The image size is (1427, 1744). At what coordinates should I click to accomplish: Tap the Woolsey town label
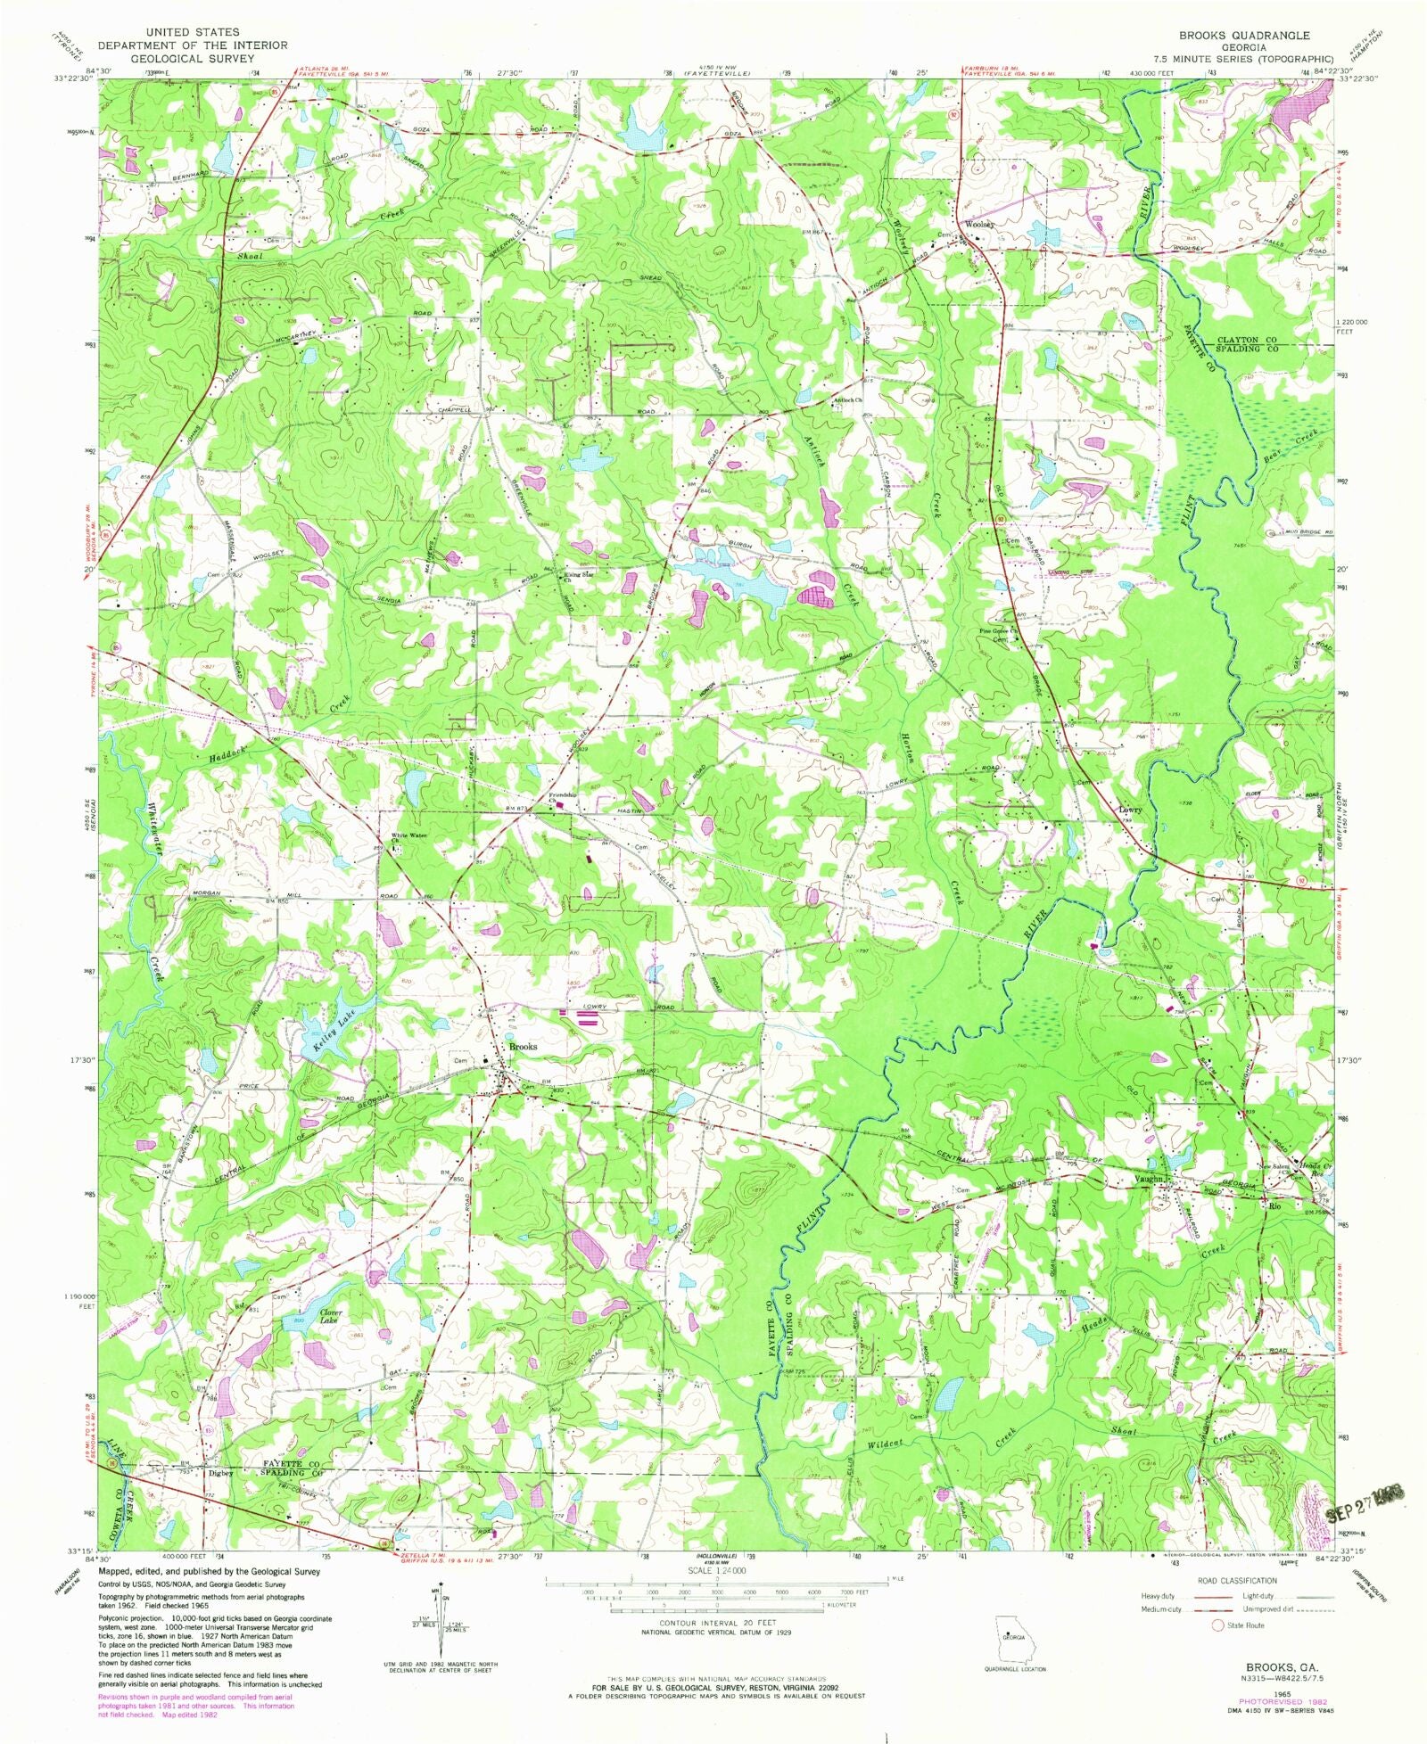pos(979,225)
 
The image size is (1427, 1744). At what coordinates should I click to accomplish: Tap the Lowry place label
pos(1130,810)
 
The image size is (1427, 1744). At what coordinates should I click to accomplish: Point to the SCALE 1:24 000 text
pos(715,1570)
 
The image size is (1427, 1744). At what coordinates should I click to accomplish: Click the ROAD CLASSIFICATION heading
pos(1236,1580)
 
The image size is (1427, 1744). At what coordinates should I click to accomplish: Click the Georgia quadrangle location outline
pos(1010,1638)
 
